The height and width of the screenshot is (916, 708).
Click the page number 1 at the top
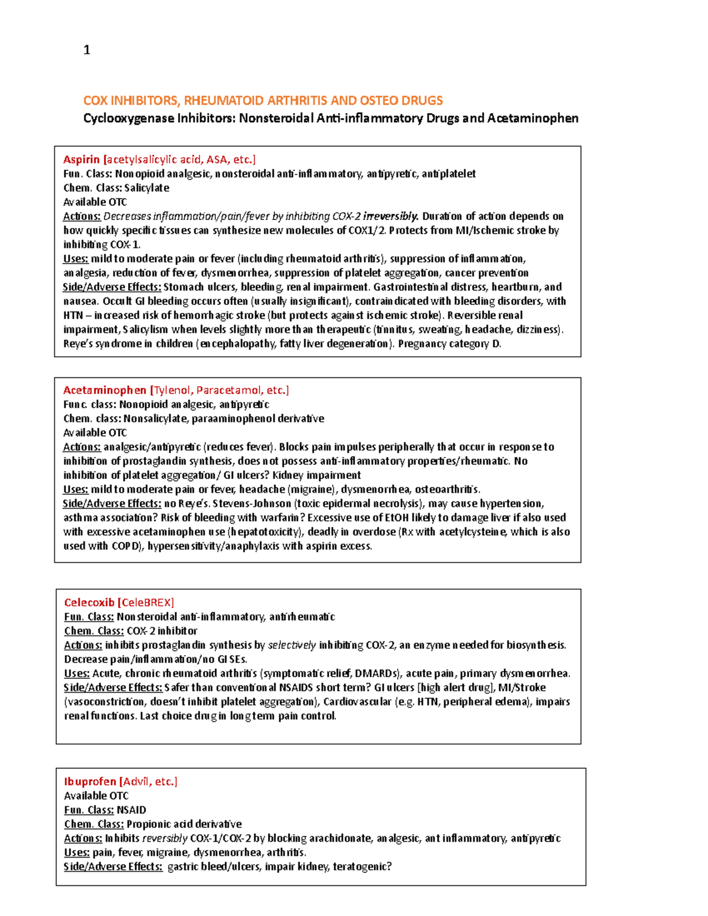(x=87, y=50)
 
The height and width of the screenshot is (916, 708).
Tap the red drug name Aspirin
(x=81, y=159)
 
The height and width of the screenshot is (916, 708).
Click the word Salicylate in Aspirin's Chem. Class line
(x=146, y=188)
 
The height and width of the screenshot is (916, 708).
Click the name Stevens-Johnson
(x=252, y=504)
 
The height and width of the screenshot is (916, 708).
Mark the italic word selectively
(x=291, y=645)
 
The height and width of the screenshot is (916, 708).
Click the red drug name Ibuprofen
(x=90, y=782)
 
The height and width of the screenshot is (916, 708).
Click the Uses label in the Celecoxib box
(x=77, y=674)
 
